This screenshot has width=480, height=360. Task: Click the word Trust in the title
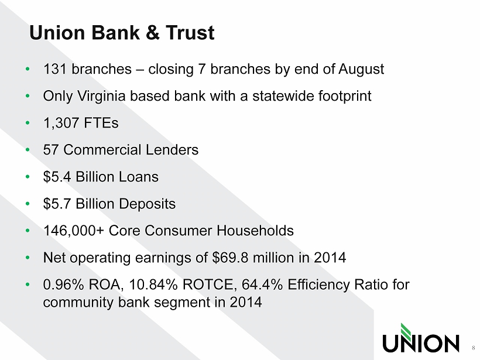point(190,32)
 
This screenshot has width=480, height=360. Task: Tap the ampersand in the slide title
point(153,32)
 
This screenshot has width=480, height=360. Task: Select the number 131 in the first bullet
point(55,69)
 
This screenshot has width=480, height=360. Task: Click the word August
point(361,70)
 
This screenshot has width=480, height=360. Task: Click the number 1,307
point(61,124)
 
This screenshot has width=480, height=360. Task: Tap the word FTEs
point(101,123)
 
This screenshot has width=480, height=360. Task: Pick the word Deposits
point(148,204)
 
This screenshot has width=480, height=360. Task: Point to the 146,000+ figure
point(74,231)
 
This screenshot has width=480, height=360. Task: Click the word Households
point(255,231)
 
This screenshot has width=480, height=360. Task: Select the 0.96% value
point(63,284)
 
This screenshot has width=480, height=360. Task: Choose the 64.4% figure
point(262,284)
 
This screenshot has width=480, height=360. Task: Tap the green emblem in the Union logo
point(406,330)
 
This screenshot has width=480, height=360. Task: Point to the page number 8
point(473,348)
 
